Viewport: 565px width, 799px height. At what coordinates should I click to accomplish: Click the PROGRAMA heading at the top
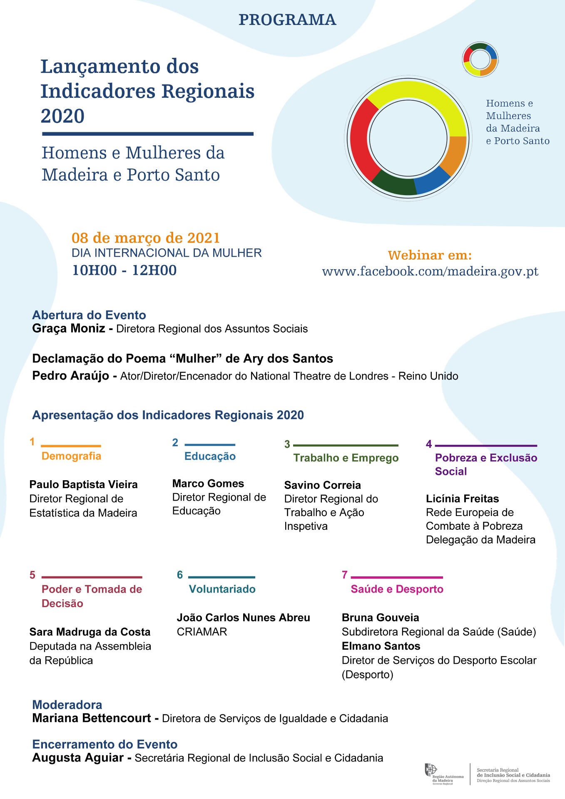coord(287,20)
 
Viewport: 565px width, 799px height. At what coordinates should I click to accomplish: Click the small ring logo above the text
coord(480,60)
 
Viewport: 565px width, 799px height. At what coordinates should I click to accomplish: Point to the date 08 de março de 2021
coord(145,238)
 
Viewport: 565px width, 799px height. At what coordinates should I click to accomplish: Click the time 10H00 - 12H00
coord(124,270)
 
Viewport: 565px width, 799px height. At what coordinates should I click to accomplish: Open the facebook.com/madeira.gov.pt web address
coord(430,271)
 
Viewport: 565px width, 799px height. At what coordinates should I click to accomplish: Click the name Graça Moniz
coord(68,328)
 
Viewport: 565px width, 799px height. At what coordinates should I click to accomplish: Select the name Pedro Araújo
coord(70,376)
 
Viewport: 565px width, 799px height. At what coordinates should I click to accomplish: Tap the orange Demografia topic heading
coord(71,456)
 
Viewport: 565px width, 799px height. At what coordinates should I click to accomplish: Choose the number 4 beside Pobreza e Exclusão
coord(429,444)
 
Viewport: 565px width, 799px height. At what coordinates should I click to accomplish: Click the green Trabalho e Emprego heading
coord(346,458)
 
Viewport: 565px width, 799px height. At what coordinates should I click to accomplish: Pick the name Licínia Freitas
coord(462,499)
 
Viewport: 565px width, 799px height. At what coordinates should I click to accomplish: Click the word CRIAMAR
coord(202,632)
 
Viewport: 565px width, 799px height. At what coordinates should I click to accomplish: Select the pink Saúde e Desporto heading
coord(397,589)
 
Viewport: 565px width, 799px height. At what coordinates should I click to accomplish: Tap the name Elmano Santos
coord(381,646)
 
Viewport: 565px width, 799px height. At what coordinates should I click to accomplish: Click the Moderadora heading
coord(67,705)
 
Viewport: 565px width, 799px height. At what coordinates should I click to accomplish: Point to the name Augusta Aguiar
coord(78,758)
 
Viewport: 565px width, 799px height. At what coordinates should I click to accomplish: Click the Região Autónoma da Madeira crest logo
coord(431,770)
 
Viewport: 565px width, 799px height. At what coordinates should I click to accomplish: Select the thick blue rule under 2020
coord(147,134)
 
